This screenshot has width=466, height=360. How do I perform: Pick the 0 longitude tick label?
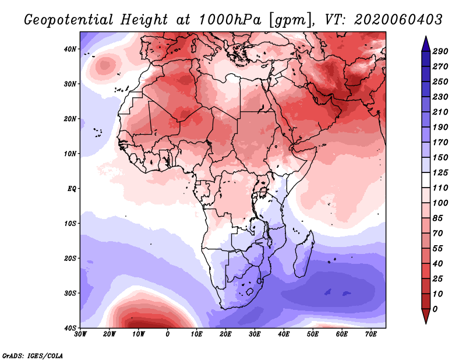[x=168, y=334]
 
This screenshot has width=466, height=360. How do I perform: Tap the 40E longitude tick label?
[x=284, y=334]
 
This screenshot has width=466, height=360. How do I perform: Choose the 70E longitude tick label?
[x=371, y=334]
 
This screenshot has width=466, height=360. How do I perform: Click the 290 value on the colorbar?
[x=440, y=51]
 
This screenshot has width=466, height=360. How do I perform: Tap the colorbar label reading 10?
[x=439, y=293]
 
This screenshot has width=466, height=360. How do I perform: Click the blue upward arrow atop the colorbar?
[x=425, y=43]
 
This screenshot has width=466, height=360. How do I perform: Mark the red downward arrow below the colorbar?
[x=425, y=316]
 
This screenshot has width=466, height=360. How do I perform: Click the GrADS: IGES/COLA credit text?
[x=33, y=355]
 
